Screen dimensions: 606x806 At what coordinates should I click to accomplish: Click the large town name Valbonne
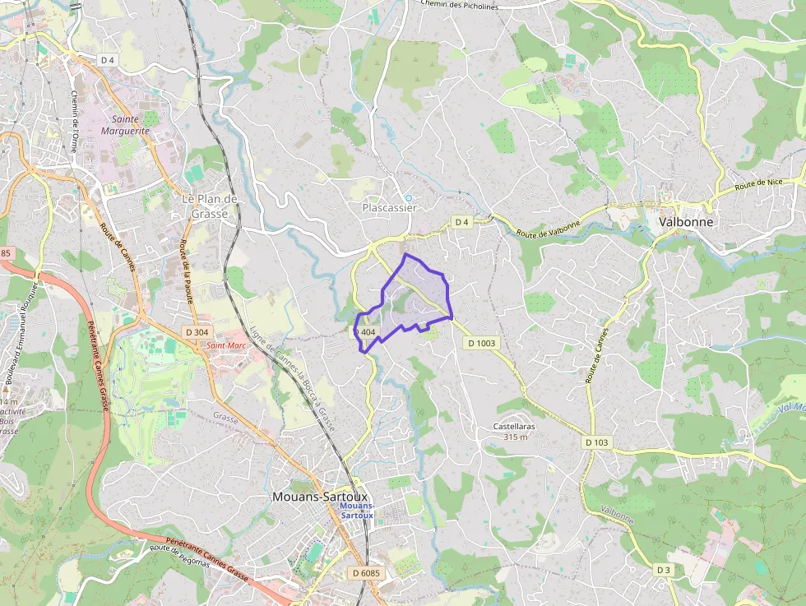685,222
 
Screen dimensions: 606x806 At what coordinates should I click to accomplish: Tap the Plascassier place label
389,208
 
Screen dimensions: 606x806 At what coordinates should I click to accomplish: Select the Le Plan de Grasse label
209,206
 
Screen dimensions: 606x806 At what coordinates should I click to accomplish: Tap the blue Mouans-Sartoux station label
356,510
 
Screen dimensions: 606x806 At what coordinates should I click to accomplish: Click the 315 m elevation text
515,437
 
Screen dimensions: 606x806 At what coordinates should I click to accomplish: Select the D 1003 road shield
482,343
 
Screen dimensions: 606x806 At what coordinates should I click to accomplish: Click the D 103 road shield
597,442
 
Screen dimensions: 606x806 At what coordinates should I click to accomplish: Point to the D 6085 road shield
366,572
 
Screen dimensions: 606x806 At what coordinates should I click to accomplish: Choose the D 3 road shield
664,570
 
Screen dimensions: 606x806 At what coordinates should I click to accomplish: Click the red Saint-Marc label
226,345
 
